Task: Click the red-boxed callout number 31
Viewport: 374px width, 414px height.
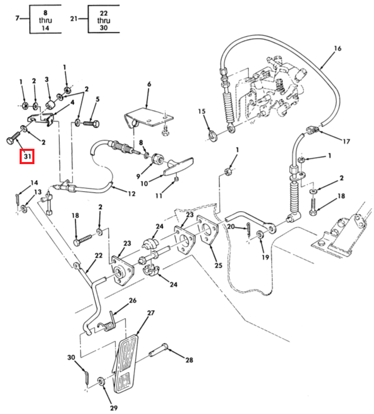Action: (x=28, y=156)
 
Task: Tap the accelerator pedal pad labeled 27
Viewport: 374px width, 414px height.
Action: (x=126, y=364)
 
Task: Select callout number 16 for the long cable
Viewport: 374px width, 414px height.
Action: (x=337, y=48)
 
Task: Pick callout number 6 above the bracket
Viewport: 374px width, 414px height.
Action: (x=149, y=84)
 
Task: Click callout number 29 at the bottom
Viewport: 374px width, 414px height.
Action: (x=113, y=408)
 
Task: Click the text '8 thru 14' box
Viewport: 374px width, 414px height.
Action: (x=46, y=20)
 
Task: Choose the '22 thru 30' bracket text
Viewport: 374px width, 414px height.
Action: (x=103, y=20)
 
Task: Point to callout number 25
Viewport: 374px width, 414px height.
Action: (x=218, y=265)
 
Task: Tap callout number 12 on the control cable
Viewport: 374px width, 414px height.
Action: (x=131, y=194)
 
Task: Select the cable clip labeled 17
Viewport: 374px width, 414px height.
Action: (x=313, y=130)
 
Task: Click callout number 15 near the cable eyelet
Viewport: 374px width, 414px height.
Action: (x=201, y=111)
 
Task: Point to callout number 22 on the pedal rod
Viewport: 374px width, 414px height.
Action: (x=99, y=255)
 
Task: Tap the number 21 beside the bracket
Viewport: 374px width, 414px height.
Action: (x=74, y=19)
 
